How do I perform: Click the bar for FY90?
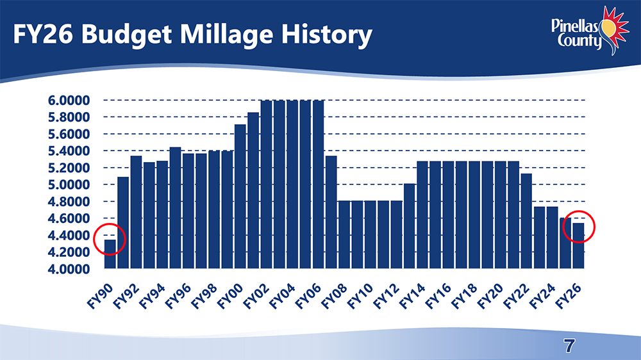(x=110, y=254)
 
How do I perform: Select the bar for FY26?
(x=578, y=245)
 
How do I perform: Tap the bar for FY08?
(x=344, y=234)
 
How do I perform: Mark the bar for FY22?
(x=526, y=220)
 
